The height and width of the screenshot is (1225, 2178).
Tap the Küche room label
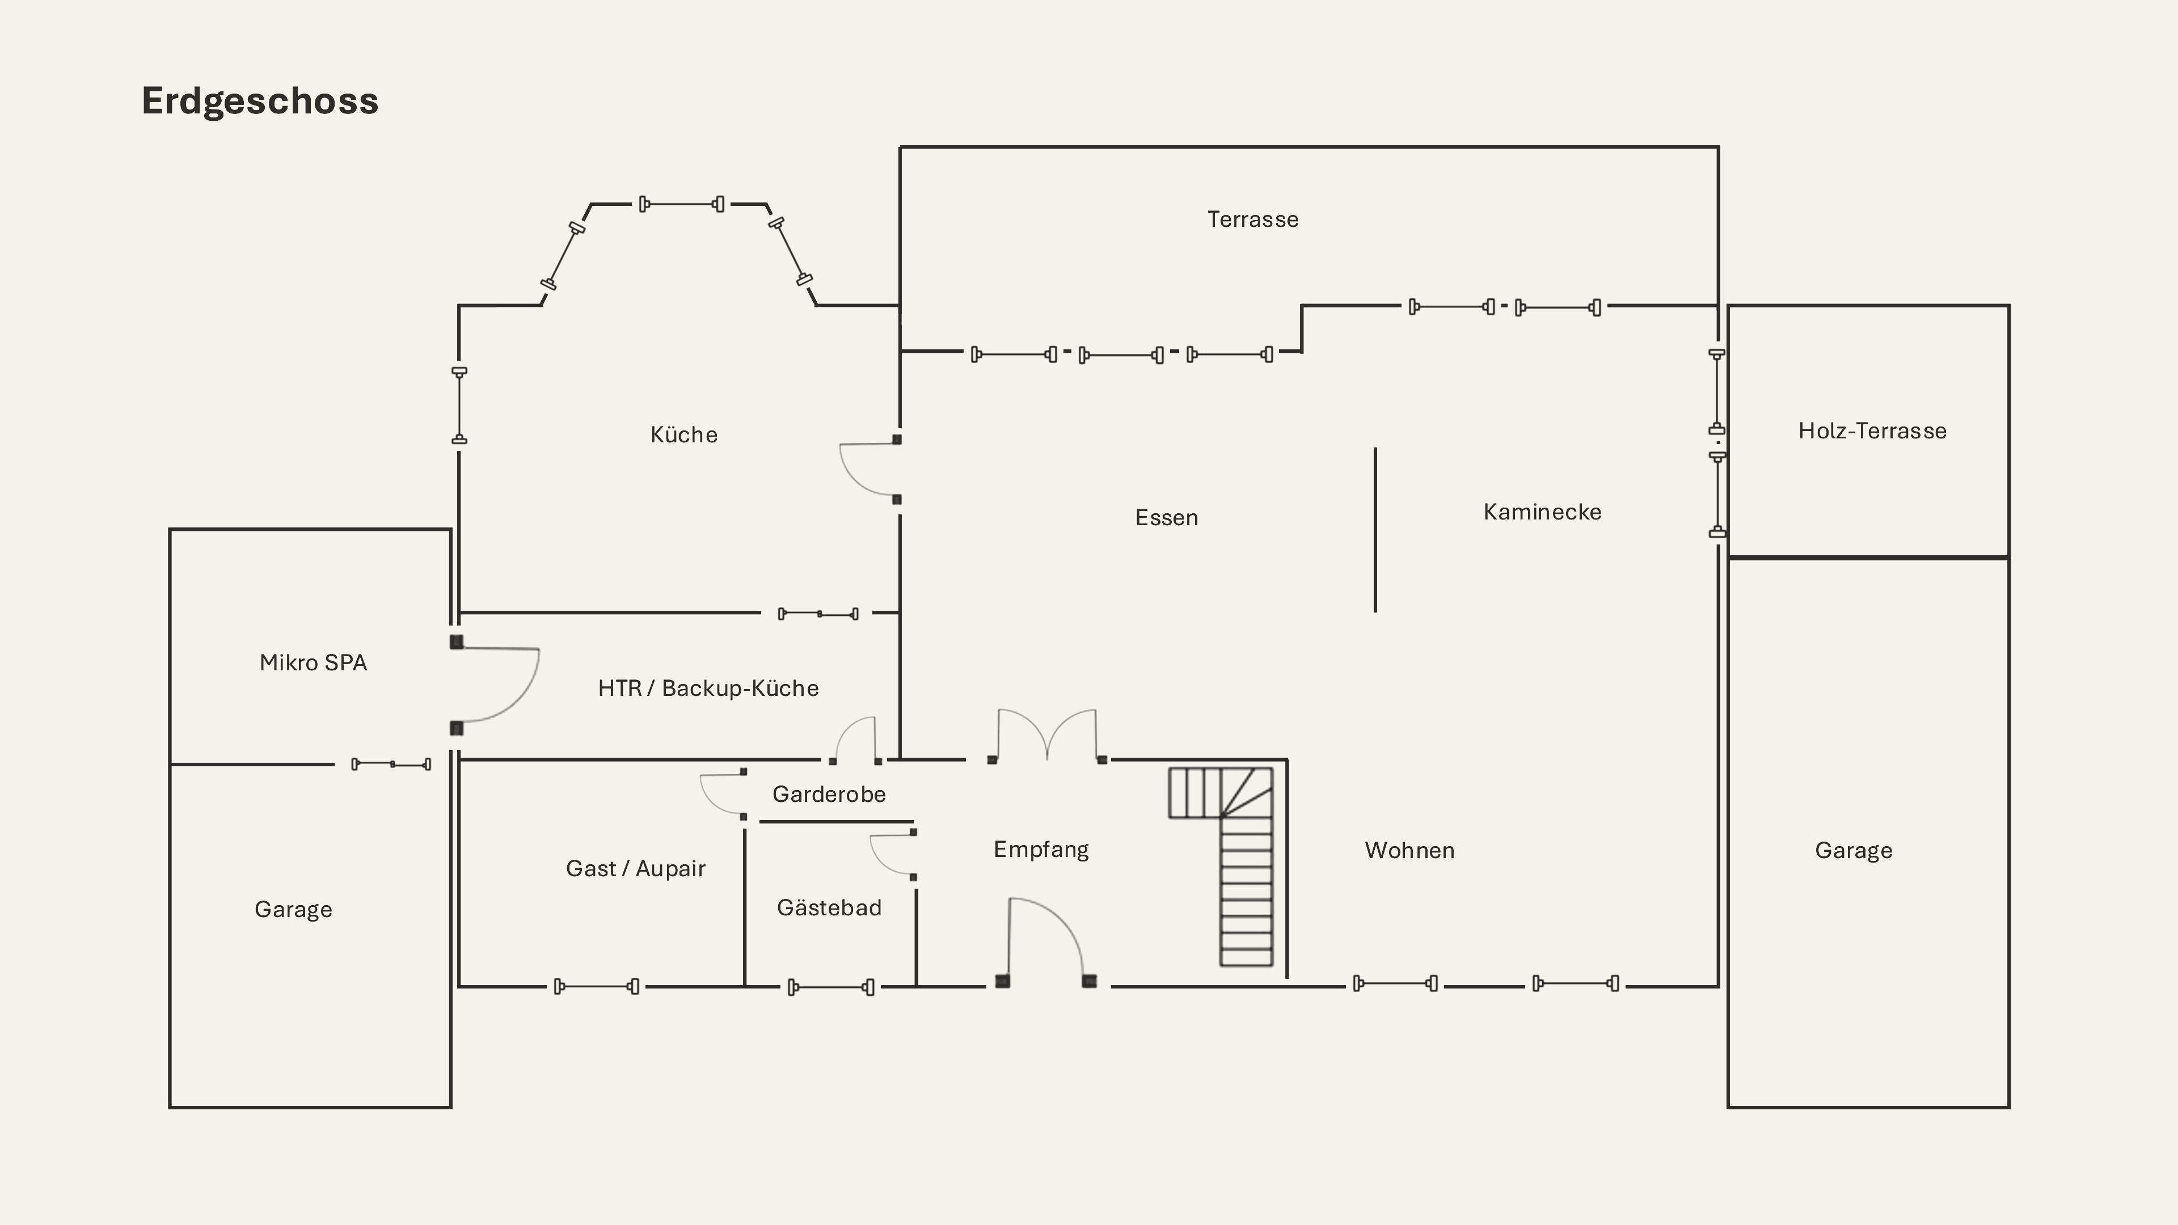(x=684, y=434)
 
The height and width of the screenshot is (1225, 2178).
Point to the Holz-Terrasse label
(x=1872, y=431)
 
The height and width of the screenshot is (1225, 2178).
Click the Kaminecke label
(x=1542, y=512)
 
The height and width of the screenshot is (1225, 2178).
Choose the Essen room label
(x=1167, y=517)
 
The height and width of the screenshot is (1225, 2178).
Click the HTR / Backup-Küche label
(x=708, y=688)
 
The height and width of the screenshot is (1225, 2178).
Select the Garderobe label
(x=829, y=795)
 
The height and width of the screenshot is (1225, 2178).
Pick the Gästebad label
(x=829, y=907)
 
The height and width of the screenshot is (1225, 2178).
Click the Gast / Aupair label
(x=636, y=869)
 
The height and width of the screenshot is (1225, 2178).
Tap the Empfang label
(x=1041, y=850)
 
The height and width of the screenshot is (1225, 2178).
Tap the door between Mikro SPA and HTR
(x=495, y=685)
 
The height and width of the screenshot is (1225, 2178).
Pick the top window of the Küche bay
(x=681, y=204)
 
